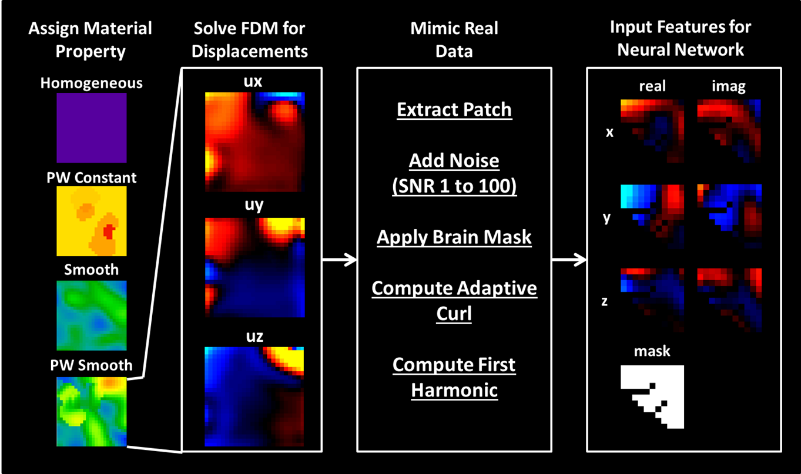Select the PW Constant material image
point(91,221)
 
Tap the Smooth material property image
point(91,315)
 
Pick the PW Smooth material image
point(91,411)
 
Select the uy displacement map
point(254,267)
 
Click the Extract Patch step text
point(454,110)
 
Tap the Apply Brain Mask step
point(454,237)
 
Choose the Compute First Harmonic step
point(454,377)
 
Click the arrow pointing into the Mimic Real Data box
point(340,260)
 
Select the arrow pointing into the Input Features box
point(570,260)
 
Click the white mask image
point(652,396)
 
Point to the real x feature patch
point(652,131)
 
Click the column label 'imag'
point(729,87)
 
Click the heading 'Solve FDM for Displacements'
point(250,39)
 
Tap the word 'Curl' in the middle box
point(454,314)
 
